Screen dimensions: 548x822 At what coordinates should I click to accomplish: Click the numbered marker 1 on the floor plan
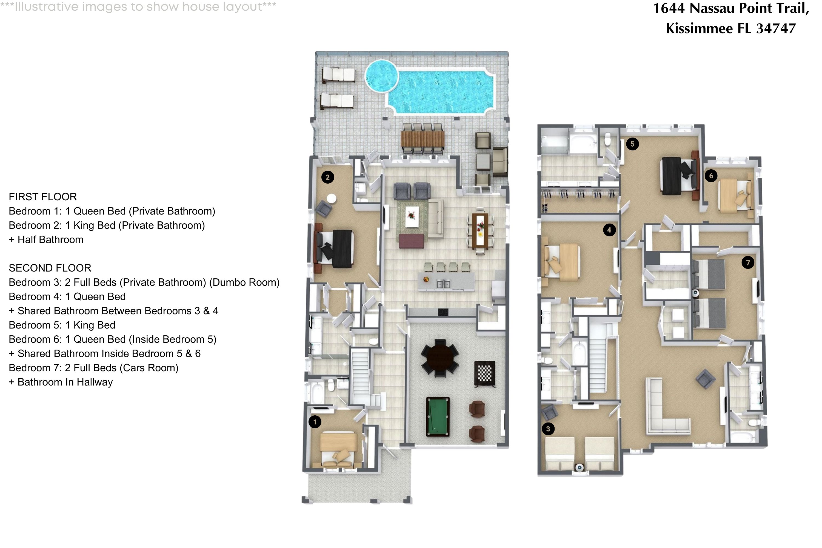(315, 422)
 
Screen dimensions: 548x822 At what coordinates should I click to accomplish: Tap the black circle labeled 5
(632, 144)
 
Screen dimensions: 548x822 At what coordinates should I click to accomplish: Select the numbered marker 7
(748, 262)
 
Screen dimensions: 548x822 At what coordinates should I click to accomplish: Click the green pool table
(438, 416)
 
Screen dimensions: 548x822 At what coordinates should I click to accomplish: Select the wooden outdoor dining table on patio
(423, 139)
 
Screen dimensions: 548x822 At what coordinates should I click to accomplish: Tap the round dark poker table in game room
(440, 358)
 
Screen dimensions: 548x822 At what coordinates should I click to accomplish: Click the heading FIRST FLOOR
(43, 197)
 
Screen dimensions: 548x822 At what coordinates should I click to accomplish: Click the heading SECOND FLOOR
(50, 268)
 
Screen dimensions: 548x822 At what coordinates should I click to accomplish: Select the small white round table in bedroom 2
(331, 198)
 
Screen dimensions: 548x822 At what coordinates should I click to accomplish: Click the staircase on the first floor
(360, 376)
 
